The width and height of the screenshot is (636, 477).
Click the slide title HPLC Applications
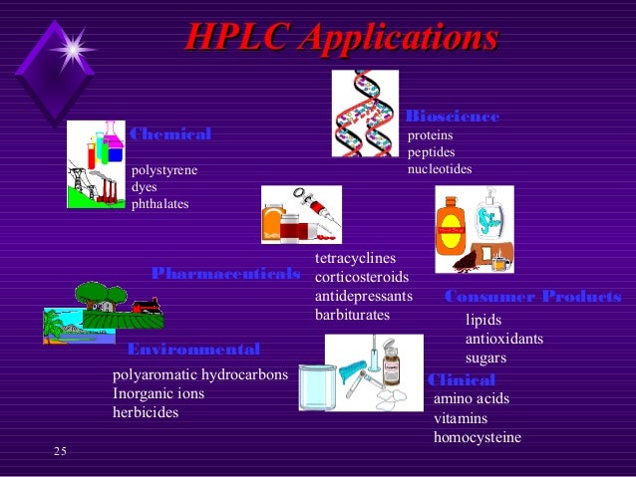coord(341,39)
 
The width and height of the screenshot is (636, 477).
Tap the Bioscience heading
coord(453,117)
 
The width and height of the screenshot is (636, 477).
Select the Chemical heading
coord(170,134)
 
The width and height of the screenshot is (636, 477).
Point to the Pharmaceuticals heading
coord(225,273)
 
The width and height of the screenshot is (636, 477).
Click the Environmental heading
coord(193,350)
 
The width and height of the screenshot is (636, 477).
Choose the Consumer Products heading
coord(532,297)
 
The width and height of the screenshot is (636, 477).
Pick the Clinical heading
coord(461,380)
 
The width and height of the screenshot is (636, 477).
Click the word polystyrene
coord(164,170)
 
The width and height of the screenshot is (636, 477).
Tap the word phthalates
coord(160,204)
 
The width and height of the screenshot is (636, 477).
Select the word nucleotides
coord(440,169)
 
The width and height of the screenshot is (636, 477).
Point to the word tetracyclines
coord(355,259)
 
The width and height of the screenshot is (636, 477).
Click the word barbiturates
coord(352,315)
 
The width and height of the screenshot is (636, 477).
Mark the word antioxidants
coord(504,339)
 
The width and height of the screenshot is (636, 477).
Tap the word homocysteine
coord(477,436)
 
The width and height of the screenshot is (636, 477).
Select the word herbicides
coord(146,411)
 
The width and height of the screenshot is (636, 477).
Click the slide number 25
coord(60,453)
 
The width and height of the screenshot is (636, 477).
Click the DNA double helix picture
coord(365,113)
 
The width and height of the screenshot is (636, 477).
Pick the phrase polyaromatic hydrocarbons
coord(200,375)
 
